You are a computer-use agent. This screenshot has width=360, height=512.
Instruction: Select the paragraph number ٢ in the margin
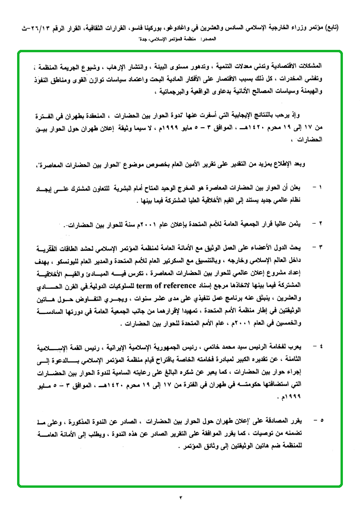pyautogui.click(x=321, y=223)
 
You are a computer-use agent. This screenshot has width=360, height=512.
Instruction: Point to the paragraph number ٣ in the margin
pyautogui.click(x=321, y=247)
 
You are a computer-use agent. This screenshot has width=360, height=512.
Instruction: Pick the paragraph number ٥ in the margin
pyautogui.click(x=321, y=420)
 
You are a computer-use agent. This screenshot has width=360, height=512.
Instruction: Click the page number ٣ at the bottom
pyautogui.click(x=180, y=497)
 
